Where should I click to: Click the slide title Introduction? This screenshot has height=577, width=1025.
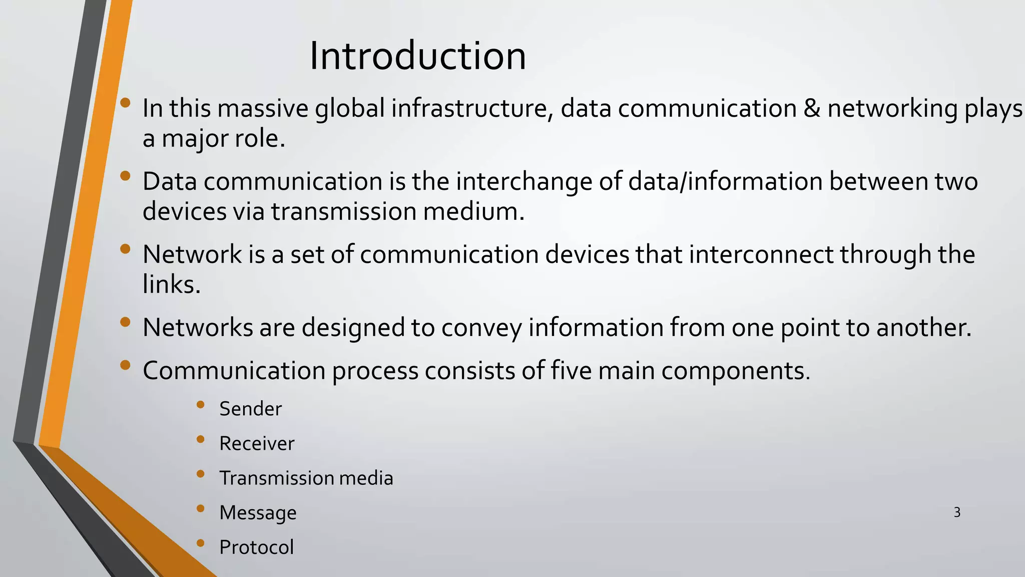coord(417,56)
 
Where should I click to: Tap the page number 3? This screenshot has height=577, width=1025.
coord(957,512)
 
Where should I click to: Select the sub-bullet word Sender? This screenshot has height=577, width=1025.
coord(250,409)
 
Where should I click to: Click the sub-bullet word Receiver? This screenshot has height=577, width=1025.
coord(257,444)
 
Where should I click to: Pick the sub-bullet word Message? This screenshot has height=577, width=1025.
coord(258,513)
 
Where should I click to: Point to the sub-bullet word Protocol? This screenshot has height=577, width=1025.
coord(256,547)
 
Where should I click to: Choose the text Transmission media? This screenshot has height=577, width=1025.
coord(306,478)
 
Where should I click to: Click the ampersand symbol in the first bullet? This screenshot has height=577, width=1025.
coord(812,108)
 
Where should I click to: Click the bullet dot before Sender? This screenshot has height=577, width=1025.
coord(201,405)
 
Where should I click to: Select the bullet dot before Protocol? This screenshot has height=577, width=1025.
coord(201,543)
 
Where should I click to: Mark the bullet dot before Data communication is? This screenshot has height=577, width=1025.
coord(125,176)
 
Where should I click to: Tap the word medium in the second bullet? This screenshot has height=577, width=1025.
coord(473,211)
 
